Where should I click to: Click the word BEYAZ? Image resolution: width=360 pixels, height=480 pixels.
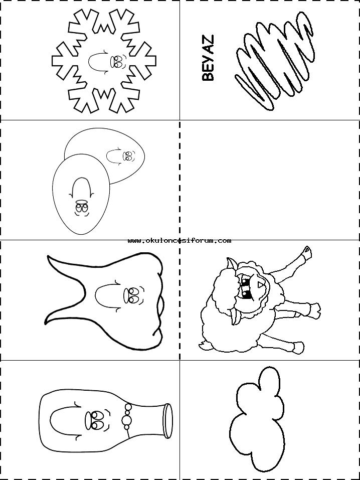pos(208,58)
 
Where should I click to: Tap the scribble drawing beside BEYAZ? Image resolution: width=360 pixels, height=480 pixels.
pos(275,61)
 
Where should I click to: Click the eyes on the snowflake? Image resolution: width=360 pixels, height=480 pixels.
pos(118,62)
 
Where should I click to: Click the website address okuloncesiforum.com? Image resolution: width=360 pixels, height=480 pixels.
pos(179,241)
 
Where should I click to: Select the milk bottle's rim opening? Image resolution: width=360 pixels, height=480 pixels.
pos(168,421)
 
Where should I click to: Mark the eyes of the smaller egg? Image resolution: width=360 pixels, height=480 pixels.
pos(128,156)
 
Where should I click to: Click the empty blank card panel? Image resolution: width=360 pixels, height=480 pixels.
pos(270,180)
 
